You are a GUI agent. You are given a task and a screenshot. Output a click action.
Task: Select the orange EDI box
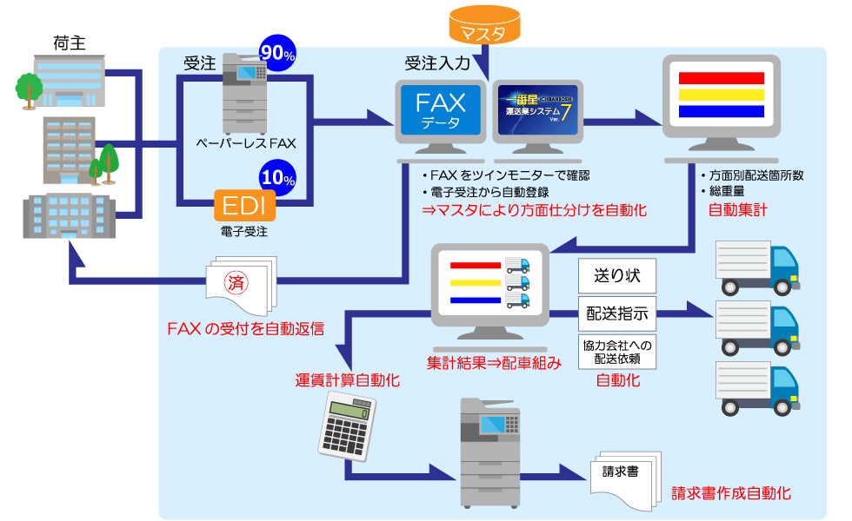tap(245, 206)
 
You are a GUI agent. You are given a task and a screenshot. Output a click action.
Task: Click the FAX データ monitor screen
tap(441, 110)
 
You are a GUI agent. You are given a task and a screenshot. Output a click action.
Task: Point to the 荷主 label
tap(69, 42)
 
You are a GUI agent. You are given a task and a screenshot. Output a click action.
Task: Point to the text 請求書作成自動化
tap(730, 493)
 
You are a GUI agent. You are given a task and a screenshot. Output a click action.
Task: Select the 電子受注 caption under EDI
tap(244, 232)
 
